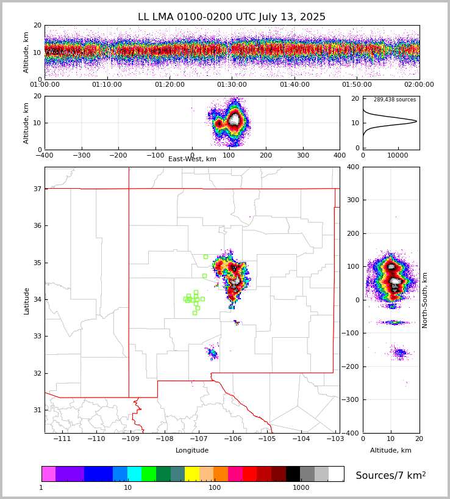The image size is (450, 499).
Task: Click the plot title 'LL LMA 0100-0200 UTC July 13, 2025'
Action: (x=232, y=17)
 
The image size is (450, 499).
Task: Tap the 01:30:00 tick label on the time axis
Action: (x=232, y=85)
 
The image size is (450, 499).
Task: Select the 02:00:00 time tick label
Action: (x=419, y=85)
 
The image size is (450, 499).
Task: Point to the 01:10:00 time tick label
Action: (x=107, y=85)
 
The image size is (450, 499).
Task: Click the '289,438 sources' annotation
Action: (x=395, y=100)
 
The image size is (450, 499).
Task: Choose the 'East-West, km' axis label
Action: (x=192, y=159)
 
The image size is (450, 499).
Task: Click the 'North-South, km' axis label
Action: (x=425, y=300)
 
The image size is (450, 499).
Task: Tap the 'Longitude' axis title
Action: (x=192, y=451)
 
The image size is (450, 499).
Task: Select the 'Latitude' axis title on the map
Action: (x=27, y=300)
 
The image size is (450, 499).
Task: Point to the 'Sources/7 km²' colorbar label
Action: (x=391, y=475)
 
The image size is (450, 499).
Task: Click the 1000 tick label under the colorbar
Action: (x=301, y=488)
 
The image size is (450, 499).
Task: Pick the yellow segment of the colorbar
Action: (x=192, y=474)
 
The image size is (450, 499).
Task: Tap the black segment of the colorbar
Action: (x=293, y=474)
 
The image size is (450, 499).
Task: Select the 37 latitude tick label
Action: (x=37, y=189)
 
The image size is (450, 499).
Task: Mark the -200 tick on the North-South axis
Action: (x=352, y=366)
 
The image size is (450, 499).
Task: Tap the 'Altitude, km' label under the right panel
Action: (x=391, y=451)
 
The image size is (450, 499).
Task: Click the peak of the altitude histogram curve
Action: (x=416, y=121)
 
